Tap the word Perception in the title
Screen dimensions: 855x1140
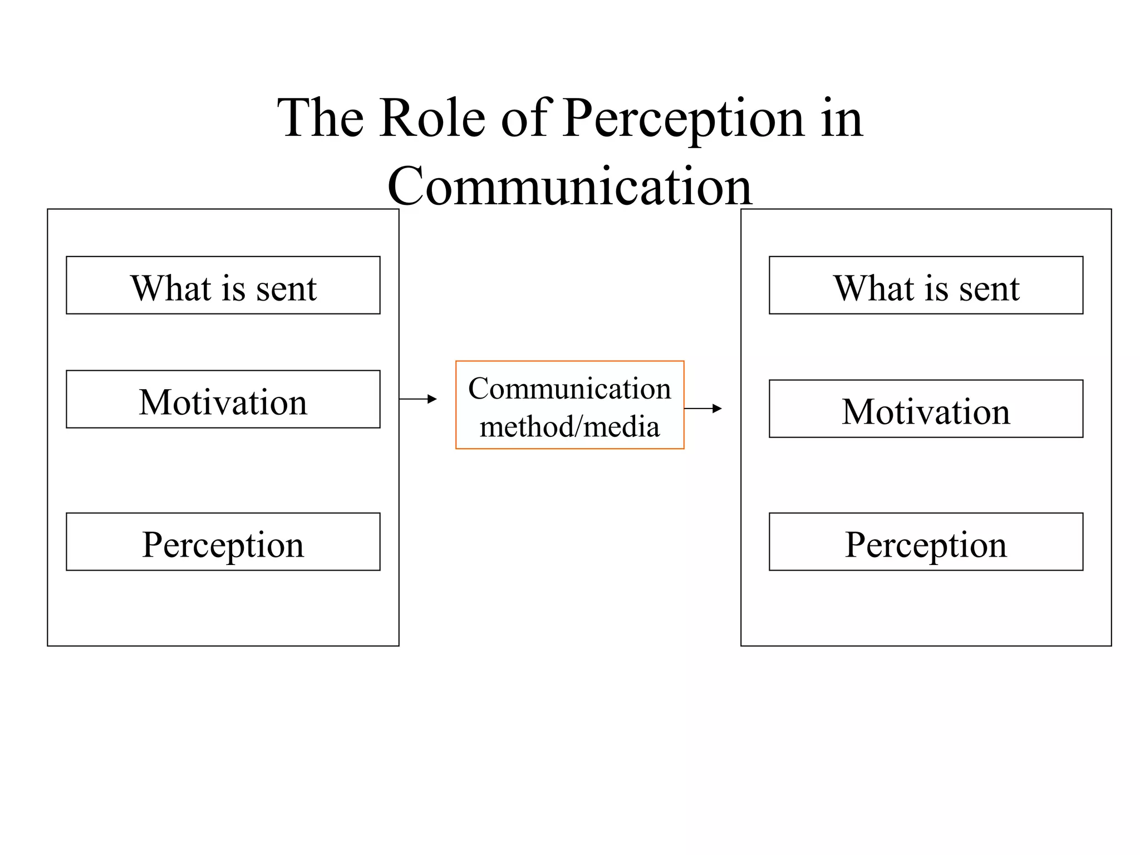pyautogui.click(x=684, y=120)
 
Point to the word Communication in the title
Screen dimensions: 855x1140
pyautogui.click(x=569, y=186)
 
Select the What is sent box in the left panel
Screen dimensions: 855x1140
pyautogui.click(x=223, y=286)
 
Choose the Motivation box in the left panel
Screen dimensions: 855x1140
pyautogui.click(x=223, y=400)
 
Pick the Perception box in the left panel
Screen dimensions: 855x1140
pyautogui.click(x=223, y=542)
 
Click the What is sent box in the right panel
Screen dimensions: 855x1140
pyautogui.click(x=926, y=286)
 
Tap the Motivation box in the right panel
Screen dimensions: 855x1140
pyautogui.click(x=926, y=409)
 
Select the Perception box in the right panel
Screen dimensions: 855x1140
pyautogui.click(x=926, y=542)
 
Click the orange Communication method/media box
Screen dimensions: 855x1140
pyautogui.click(x=569, y=405)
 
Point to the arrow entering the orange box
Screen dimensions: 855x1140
pyautogui.click(x=419, y=399)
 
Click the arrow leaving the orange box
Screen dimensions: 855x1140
pyautogui.click(x=703, y=409)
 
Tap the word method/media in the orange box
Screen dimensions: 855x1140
pyautogui.click(x=569, y=427)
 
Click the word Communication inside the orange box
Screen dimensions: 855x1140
pyautogui.click(x=569, y=389)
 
